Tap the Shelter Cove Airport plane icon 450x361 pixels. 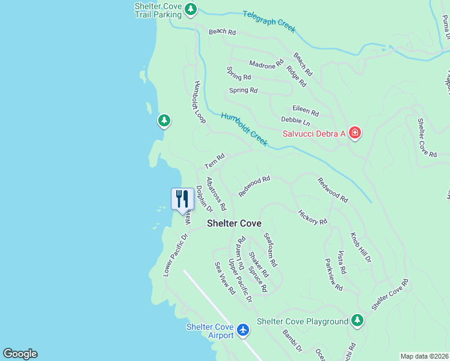tap(243, 330)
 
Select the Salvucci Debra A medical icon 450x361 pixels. tap(354, 132)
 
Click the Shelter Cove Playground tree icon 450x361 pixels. tap(357, 321)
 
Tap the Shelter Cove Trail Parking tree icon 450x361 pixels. tap(191, 9)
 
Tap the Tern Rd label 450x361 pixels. tap(214, 161)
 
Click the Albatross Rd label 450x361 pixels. tap(215, 193)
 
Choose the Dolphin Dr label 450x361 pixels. tap(204, 198)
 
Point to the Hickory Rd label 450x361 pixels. tap(312, 217)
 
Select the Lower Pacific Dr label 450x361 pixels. tap(176, 255)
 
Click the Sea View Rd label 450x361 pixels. tap(224, 278)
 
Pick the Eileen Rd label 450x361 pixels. tap(305, 110)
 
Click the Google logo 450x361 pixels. tap(20, 354)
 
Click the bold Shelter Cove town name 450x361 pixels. tap(234, 223)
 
